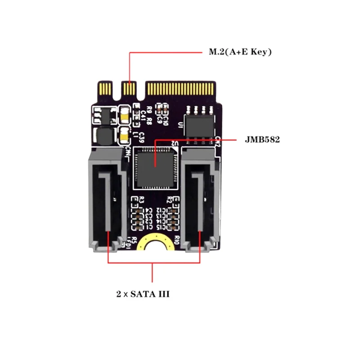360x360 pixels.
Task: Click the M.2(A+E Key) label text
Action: [x=239, y=52]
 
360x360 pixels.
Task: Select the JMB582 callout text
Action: [x=262, y=140]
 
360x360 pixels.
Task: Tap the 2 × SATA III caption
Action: [x=143, y=295]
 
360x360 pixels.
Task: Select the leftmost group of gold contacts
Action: [x=105, y=86]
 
